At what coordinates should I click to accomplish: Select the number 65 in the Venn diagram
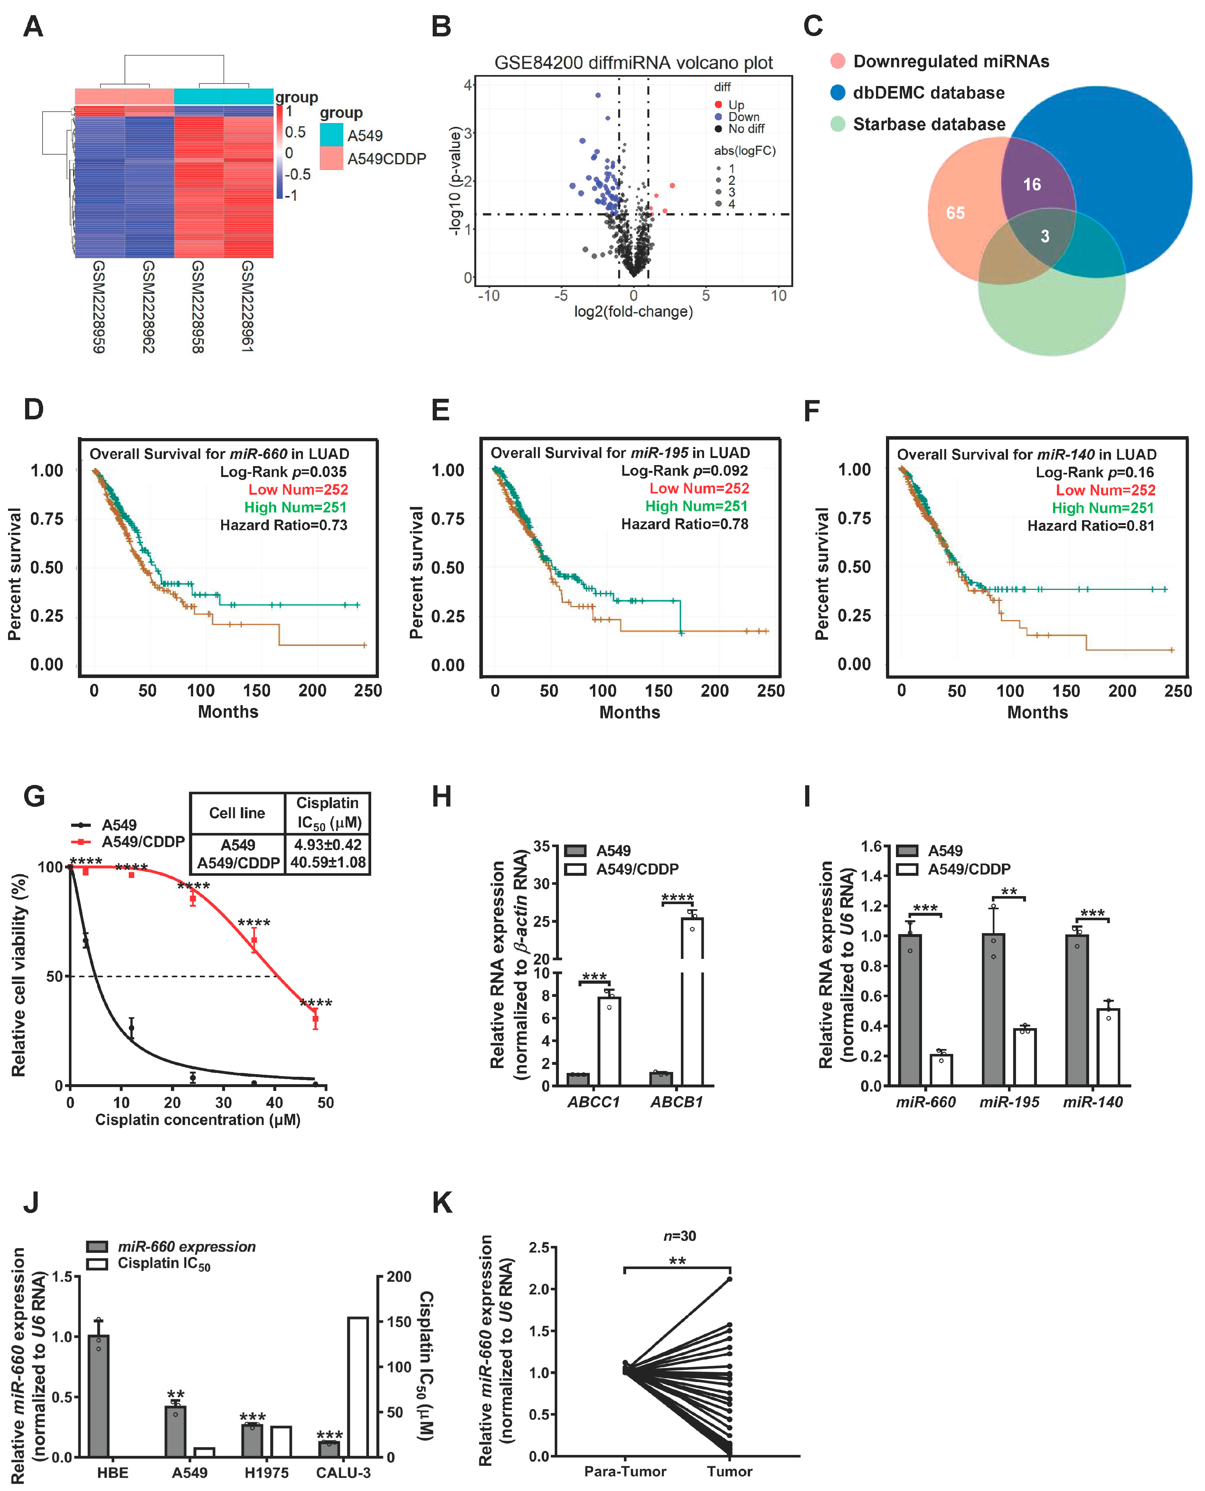[955, 213]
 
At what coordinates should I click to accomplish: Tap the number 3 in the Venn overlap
[1045, 236]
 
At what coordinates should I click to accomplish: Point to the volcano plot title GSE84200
[633, 63]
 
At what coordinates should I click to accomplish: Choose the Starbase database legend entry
[929, 124]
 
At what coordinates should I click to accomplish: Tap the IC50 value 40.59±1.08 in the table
[328, 863]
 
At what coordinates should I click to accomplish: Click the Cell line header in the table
[237, 813]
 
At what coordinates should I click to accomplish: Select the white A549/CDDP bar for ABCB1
[692, 1000]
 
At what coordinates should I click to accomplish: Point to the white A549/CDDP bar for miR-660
[941, 1070]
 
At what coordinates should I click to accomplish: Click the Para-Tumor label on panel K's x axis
[625, 1471]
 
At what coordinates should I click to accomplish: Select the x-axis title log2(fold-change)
[633, 312]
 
